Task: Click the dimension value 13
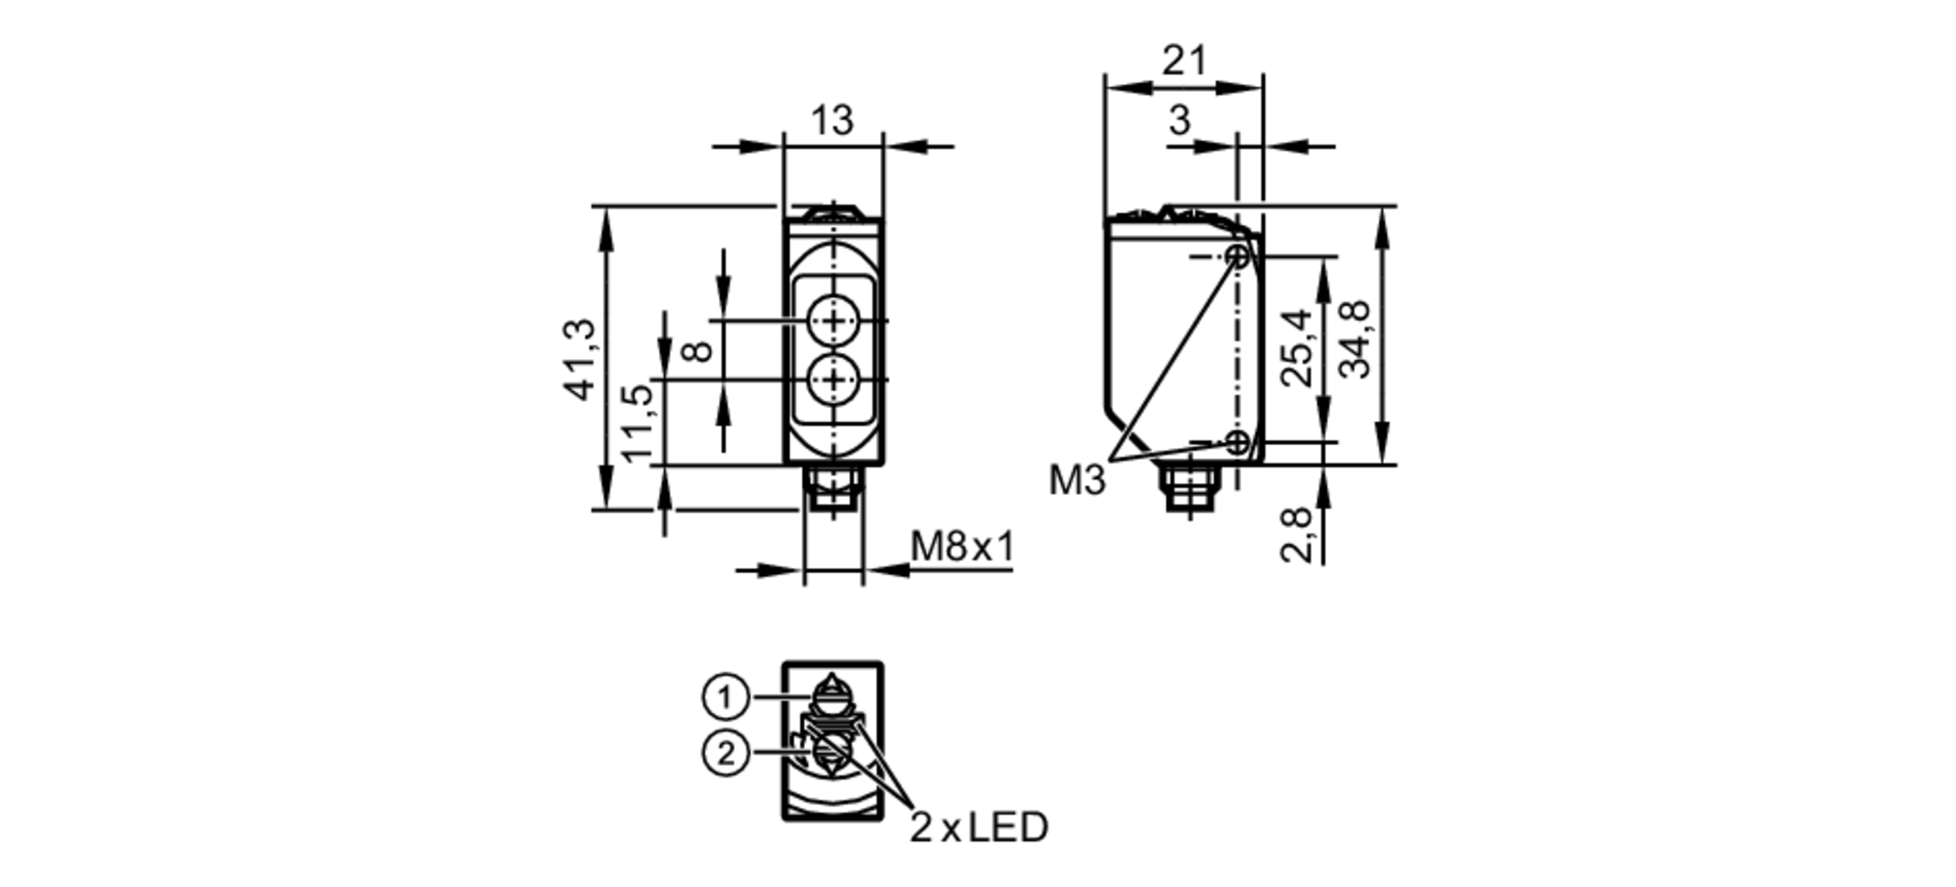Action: point(832,120)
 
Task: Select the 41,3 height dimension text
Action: point(579,359)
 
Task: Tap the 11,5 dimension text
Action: point(637,422)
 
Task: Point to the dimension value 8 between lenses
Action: point(696,350)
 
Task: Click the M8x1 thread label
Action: point(962,547)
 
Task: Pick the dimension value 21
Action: point(1184,62)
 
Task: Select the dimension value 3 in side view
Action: point(1179,121)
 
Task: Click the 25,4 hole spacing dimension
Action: point(1298,348)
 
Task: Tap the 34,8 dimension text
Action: point(1356,339)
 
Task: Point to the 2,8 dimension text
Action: point(1297,534)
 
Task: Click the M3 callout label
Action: point(1077,480)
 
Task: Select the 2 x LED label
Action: point(979,827)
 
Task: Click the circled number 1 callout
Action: point(725,697)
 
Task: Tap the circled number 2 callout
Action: point(725,754)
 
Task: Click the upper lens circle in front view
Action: point(833,321)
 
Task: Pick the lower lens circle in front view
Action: point(833,379)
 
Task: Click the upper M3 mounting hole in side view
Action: point(1238,256)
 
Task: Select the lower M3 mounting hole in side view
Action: point(1238,443)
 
